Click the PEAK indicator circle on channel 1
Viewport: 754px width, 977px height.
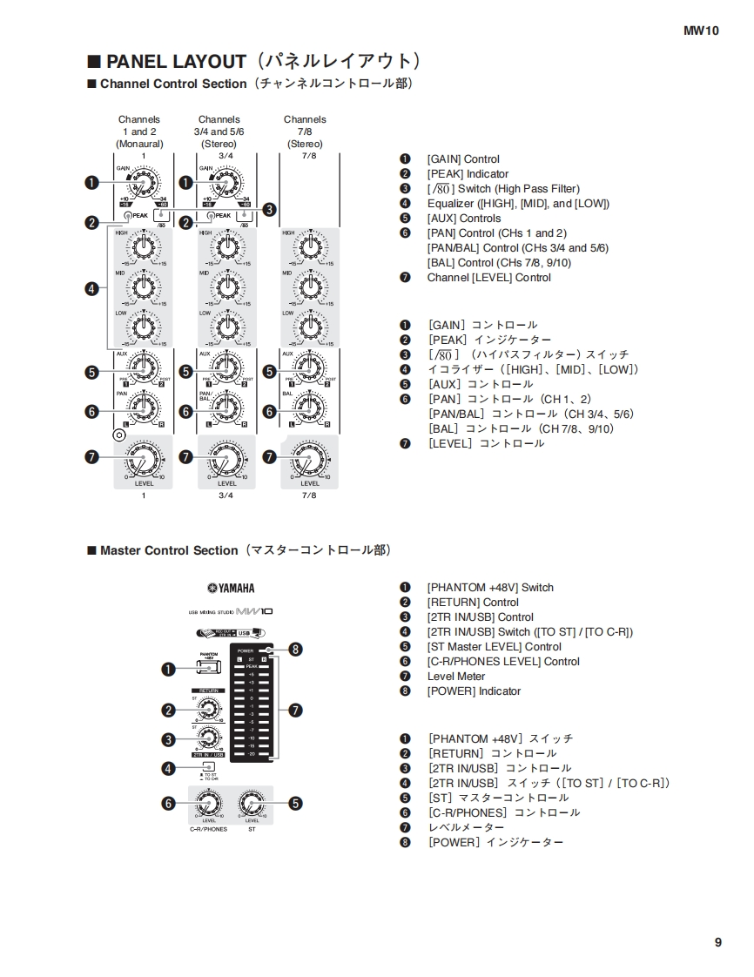pos(128,215)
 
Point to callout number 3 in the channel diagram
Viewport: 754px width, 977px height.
pos(269,209)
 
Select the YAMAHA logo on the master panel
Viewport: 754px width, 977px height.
pos(231,588)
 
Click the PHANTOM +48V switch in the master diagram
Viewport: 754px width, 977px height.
pos(209,668)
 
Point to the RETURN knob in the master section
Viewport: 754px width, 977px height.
pos(208,709)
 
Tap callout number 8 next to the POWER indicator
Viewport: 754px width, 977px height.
pos(296,650)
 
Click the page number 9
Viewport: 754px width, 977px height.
pos(718,942)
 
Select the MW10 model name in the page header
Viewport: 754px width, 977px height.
pos(701,30)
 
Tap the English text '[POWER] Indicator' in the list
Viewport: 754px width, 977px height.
pos(474,691)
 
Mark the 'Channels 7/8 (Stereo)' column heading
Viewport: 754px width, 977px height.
pos(305,131)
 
